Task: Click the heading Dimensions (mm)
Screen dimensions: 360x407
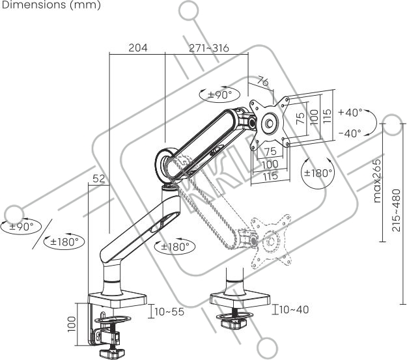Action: point(51,5)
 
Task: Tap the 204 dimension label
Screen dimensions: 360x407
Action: point(137,48)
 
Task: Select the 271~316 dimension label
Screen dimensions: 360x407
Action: point(209,48)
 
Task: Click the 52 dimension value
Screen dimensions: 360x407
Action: point(98,178)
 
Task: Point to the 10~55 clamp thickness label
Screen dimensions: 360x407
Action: point(169,312)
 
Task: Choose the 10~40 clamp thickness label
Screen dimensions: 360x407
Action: point(294,309)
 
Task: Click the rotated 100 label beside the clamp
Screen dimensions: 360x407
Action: point(72,324)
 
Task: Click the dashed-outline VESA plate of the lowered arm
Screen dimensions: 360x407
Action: point(267,242)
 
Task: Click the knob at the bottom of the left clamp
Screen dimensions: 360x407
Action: point(113,353)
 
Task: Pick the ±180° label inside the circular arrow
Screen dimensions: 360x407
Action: point(318,174)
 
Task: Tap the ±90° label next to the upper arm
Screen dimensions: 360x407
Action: point(219,94)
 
